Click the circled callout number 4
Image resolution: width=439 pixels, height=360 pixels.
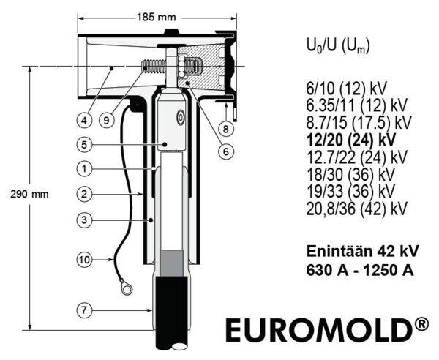84,121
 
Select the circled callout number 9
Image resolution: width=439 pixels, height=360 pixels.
106,121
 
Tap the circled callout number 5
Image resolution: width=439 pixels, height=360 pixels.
84,145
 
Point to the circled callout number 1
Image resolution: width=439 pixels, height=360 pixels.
84,169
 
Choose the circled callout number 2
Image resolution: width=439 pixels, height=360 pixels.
84,194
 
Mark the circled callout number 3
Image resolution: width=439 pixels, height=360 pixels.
84,220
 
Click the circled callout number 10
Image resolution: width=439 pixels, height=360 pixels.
84,260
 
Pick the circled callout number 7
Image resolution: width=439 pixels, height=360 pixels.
84,310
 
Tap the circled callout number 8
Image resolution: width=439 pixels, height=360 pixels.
225,129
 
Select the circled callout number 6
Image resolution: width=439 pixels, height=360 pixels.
225,151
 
